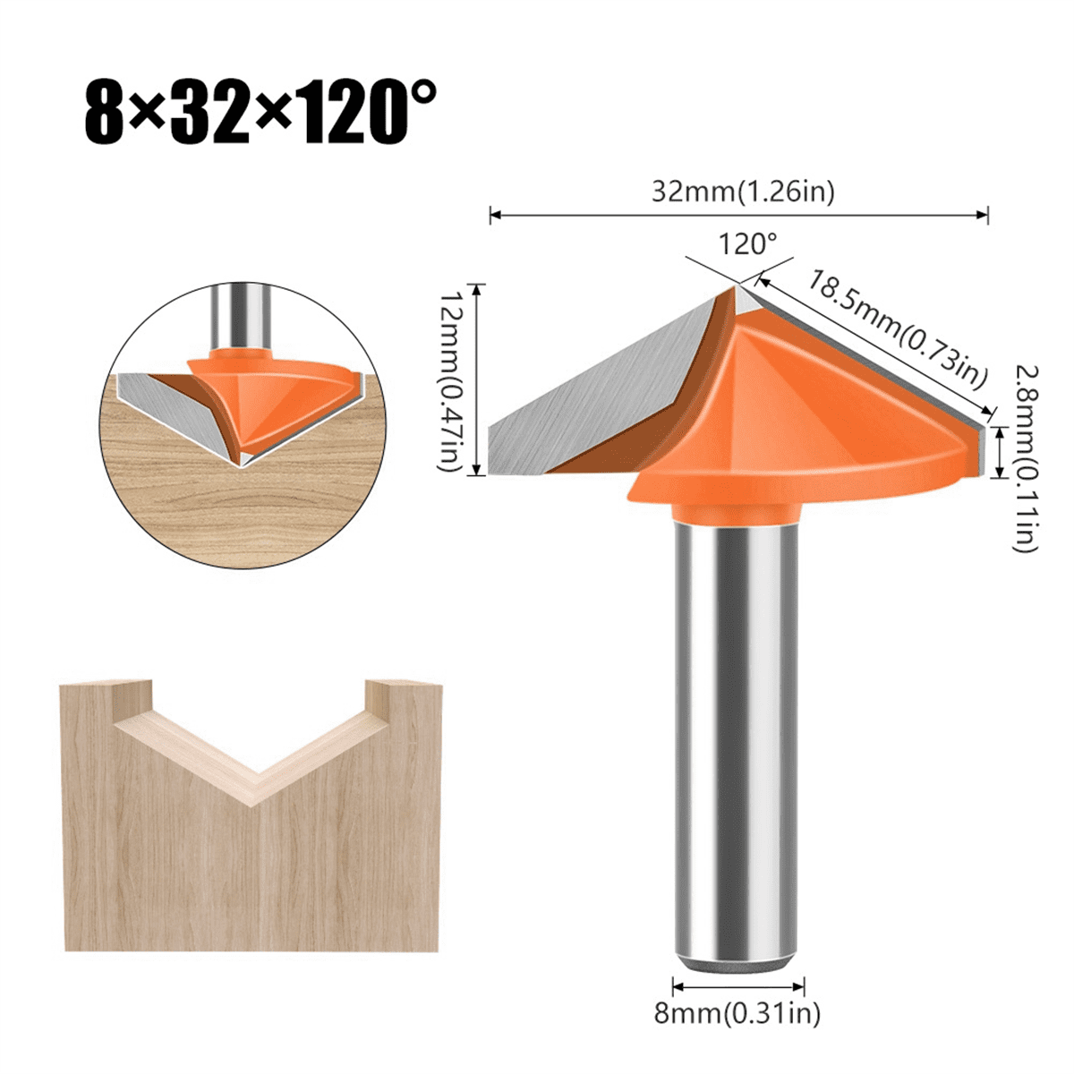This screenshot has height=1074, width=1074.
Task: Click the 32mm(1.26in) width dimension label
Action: [x=742, y=191]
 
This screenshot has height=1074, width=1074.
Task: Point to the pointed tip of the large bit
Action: [x=739, y=287]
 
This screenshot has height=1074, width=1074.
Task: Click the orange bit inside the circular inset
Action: [x=268, y=394]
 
